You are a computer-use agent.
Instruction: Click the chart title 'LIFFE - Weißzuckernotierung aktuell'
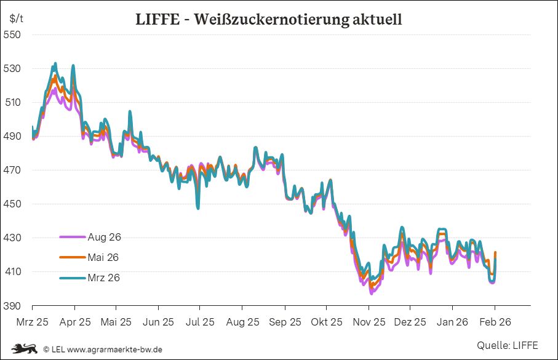[x=268, y=19]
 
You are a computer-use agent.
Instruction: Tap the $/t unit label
[x=16, y=18]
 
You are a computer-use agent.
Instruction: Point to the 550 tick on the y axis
[x=13, y=34]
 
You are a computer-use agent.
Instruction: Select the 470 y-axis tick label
[x=13, y=170]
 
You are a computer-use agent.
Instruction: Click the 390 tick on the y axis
[x=13, y=306]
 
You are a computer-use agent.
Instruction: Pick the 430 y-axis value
[x=13, y=238]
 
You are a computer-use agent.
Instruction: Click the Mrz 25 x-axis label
[x=32, y=321]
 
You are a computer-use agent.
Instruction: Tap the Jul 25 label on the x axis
[x=200, y=321]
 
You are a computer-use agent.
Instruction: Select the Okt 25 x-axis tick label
[x=326, y=321]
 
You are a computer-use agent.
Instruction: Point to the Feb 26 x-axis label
[x=495, y=321]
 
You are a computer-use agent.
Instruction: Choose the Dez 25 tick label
[x=410, y=321]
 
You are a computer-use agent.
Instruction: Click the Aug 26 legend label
[x=105, y=237]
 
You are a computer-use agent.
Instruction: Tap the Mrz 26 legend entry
[x=104, y=278]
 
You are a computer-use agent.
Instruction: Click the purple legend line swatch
[x=71, y=237]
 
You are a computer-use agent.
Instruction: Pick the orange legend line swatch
[x=71, y=257]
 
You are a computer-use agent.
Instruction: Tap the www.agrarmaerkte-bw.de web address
[x=114, y=349]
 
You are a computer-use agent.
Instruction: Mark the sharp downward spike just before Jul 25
[x=198, y=207]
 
